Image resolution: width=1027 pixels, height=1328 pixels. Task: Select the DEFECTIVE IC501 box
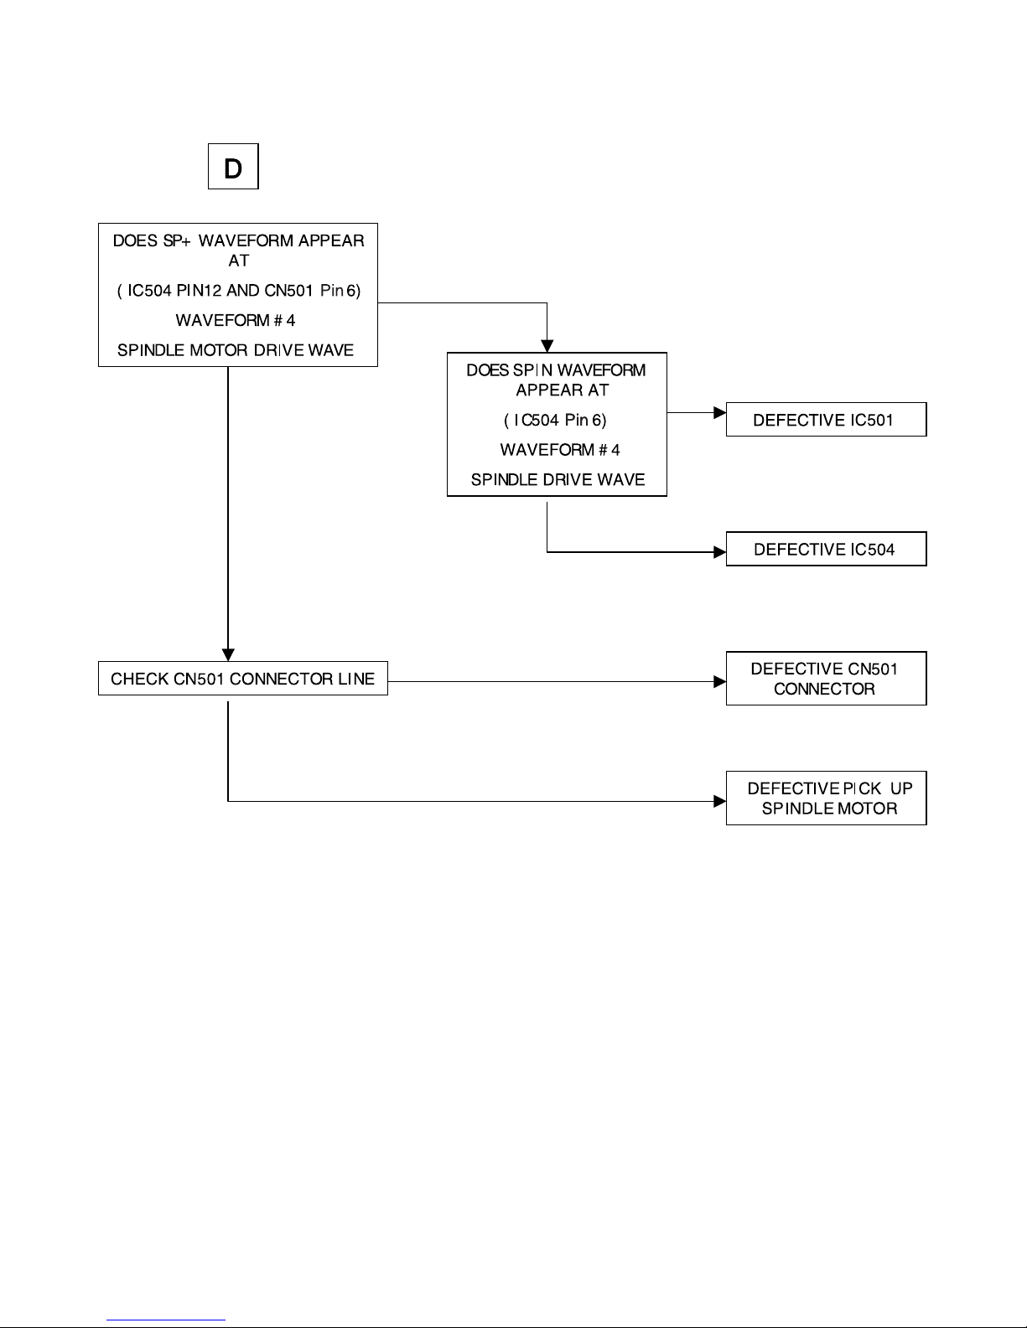[826, 419]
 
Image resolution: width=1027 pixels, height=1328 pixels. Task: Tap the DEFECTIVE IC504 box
[826, 549]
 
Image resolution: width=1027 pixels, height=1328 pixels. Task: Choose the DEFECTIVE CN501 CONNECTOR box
[826, 679]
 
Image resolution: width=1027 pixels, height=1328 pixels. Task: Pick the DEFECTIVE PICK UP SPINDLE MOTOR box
[826, 798]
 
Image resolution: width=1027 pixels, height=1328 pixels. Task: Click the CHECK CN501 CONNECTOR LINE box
[242, 679]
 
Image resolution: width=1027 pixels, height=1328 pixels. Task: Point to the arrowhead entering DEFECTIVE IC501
[719, 412]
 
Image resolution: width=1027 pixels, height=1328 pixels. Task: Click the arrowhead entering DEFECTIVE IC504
[719, 552]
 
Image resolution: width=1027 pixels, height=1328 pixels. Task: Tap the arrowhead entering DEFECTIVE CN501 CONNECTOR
[719, 681]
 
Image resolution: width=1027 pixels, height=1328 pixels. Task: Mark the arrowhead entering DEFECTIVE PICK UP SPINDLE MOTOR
[719, 801]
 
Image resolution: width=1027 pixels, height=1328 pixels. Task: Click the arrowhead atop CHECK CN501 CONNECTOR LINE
[228, 655]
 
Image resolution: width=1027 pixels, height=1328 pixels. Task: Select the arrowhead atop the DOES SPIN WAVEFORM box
[547, 347]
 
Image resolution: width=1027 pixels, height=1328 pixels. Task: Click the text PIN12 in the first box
[199, 290]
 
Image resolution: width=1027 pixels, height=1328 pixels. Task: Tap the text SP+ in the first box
[177, 240]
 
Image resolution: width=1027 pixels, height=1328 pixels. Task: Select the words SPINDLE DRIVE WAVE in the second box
[558, 480]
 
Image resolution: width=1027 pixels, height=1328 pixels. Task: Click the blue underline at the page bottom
[166, 1320]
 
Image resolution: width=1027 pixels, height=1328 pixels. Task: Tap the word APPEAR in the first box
[331, 240]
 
